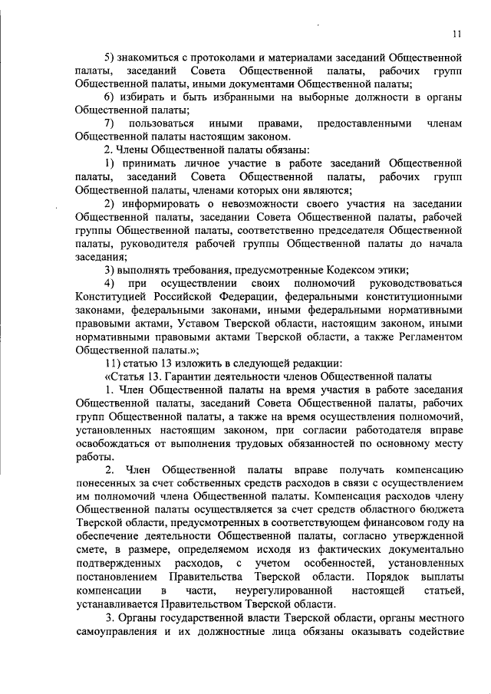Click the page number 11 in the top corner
tap(456, 34)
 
